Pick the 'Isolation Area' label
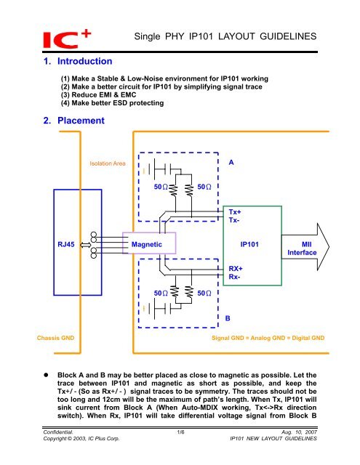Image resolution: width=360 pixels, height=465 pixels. coord(107,164)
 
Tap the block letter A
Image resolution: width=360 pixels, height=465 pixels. coord(231,162)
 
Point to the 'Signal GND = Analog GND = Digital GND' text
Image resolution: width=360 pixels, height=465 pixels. coord(268,339)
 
